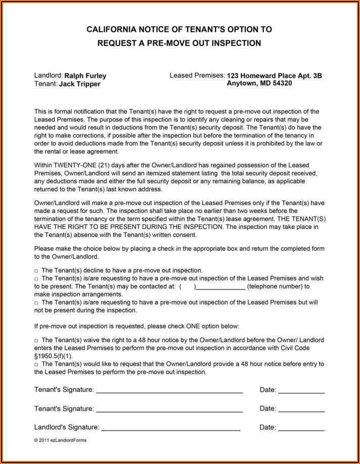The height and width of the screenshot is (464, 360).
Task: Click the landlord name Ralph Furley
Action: tap(85, 76)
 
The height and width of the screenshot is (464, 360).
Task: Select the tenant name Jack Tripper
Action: tap(80, 84)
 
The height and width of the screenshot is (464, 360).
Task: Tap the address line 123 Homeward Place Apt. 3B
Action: tap(275, 76)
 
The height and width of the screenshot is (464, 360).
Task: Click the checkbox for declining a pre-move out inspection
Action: tap(36, 271)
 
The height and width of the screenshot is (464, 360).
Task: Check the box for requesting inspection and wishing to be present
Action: tap(36, 279)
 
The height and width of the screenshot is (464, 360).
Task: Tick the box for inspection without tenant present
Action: tap(36, 303)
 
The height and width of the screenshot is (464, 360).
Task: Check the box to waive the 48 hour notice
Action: tap(36, 341)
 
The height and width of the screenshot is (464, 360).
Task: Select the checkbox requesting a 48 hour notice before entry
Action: tap(36, 364)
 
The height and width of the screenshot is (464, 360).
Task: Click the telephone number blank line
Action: tap(221, 287)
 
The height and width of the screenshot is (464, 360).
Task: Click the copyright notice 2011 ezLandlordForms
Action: tap(60, 440)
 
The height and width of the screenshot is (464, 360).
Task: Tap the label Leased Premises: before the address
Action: tap(197, 75)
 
